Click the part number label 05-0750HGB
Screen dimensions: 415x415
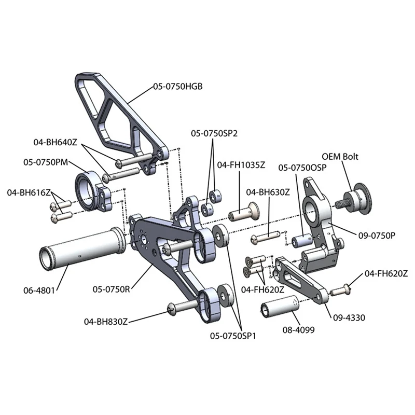pos(177,87)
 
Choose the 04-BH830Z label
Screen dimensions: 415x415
pos(105,322)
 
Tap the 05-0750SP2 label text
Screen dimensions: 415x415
pos(214,133)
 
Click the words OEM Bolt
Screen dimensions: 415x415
pos(340,156)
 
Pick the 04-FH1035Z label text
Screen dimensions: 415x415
pos(241,165)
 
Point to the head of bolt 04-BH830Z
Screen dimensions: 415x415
pos(172,310)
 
